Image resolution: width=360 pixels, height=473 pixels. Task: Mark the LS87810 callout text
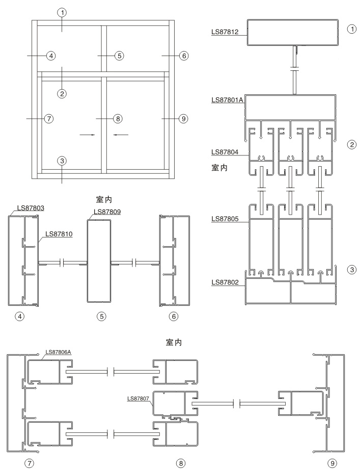[59, 234]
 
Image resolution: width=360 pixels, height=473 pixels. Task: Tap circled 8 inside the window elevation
[117, 118]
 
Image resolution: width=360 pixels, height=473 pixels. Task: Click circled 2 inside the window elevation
[62, 93]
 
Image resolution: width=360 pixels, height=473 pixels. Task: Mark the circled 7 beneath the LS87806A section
[21, 463]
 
